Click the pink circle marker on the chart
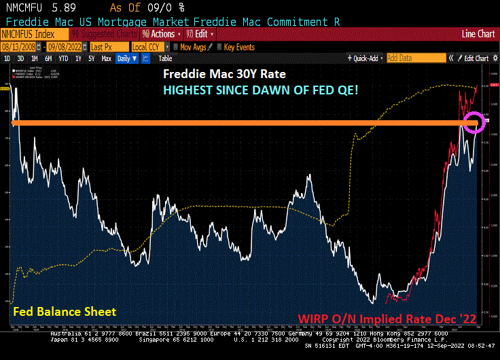(x=474, y=122)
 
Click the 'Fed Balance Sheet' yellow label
(x=65, y=312)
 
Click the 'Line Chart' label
(x=478, y=34)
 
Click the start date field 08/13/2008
(x=19, y=47)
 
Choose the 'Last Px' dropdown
(x=107, y=47)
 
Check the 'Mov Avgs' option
(x=193, y=47)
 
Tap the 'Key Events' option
(x=238, y=47)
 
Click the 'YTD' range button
(x=63, y=58)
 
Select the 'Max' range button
(x=106, y=58)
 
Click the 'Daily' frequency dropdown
(x=126, y=58)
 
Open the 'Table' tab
(x=165, y=58)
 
